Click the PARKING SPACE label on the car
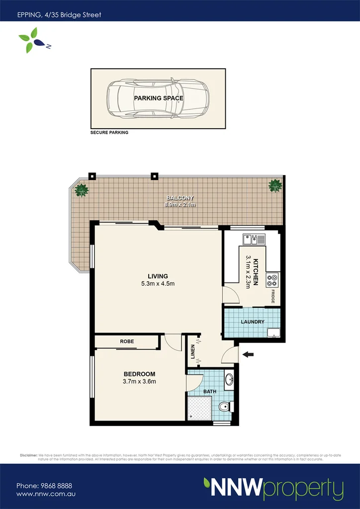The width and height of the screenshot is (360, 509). coord(158,98)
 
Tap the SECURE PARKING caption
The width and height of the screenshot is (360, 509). coord(109,133)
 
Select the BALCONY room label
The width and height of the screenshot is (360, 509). coord(180,198)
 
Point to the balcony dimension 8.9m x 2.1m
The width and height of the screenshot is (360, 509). coord(180,204)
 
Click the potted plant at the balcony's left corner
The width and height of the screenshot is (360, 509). coord(81,190)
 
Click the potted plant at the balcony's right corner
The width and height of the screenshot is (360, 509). coord(275,185)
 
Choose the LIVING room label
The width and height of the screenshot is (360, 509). coord(158,276)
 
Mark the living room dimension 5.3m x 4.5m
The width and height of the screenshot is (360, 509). coord(158,284)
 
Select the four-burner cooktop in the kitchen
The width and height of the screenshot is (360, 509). coord(272,280)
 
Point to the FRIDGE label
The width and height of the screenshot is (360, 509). coord(273,296)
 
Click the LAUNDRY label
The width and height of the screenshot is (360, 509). coord(253,322)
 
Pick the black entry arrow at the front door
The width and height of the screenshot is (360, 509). coord(248,354)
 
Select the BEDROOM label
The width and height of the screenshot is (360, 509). coord(139,374)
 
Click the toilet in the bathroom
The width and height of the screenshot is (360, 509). coord(226,407)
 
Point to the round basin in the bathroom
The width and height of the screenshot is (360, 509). coord(229,380)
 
